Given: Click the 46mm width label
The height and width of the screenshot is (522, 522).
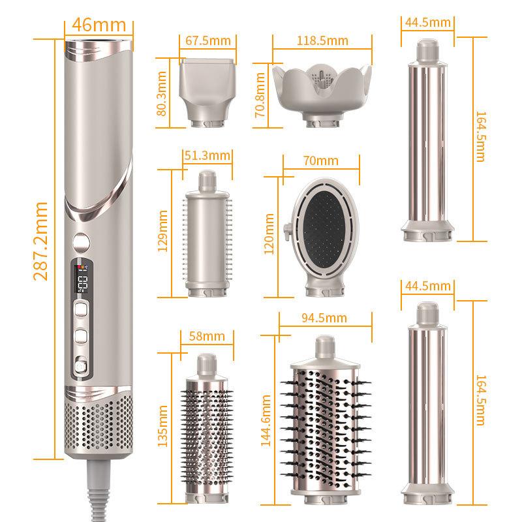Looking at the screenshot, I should (100, 25).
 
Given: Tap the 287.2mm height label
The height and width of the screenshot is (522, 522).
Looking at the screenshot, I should (40, 241).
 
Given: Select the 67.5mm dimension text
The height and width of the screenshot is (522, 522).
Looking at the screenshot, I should (208, 40).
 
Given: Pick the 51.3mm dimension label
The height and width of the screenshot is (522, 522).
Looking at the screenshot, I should (208, 155).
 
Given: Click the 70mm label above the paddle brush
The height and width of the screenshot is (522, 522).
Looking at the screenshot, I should (320, 159).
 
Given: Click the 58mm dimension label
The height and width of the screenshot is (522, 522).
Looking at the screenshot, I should (206, 336).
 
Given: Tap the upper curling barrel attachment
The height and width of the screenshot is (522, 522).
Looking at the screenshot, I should (428, 144).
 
